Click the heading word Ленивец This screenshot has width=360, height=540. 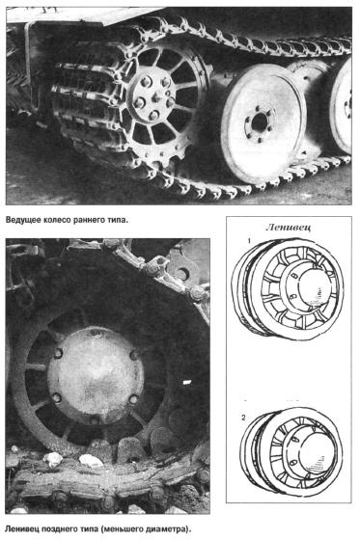click(x=289, y=228)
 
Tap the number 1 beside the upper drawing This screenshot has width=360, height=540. click(x=249, y=241)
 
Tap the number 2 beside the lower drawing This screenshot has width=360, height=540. click(x=244, y=418)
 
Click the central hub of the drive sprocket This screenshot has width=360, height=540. click(x=153, y=97)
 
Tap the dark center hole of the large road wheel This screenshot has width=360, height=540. click(x=260, y=122)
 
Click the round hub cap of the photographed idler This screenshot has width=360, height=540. click(x=96, y=377)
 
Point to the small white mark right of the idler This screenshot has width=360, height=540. click(x=186, y=382)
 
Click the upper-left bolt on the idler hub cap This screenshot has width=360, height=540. click(x=58, y=353)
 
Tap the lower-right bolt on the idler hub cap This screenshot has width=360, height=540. click(x=133, y=399)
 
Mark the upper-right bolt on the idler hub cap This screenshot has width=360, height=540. click(x=134, y=355)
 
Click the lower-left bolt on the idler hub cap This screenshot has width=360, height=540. click(x=57, y=397)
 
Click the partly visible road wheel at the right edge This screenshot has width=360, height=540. click(x=342, y=107)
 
